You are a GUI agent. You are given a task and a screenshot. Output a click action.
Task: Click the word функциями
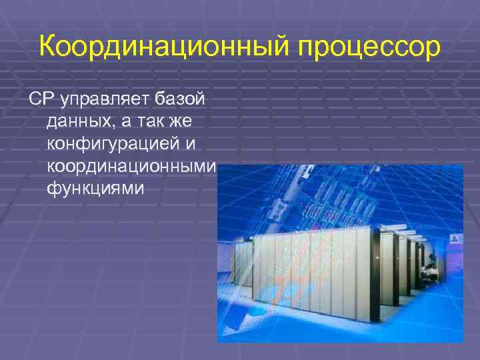click(x=95, y=189)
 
